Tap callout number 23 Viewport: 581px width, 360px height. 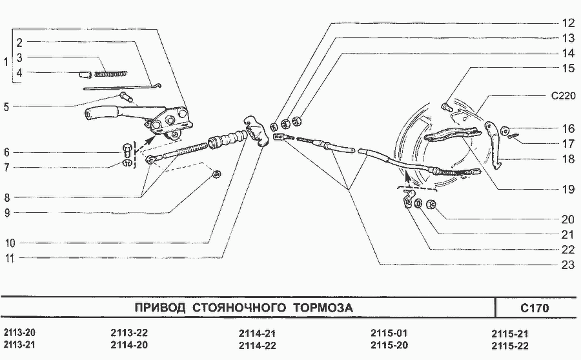click(x=567, y=264)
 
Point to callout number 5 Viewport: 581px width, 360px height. click(x=6, y=106)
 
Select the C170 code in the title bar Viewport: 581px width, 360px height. click(x=535, y=308)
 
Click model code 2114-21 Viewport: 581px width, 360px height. click(x=257, y=334)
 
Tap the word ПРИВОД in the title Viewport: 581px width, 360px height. click(x=160, y=308)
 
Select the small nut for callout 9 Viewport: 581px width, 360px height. click(x=218, y=174)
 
